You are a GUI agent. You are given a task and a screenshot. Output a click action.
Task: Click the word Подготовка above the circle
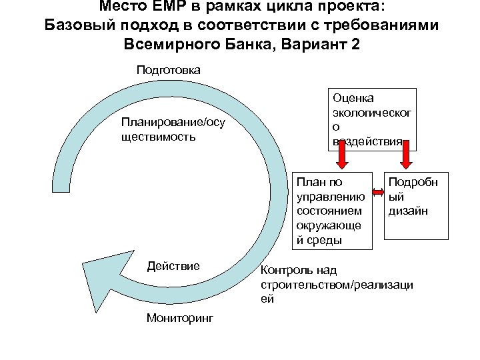click(x=168, y=69)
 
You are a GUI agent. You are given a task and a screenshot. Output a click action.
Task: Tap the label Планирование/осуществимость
click(x=173, y=129)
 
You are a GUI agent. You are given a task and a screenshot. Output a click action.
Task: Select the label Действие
click(x=173, y=266)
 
